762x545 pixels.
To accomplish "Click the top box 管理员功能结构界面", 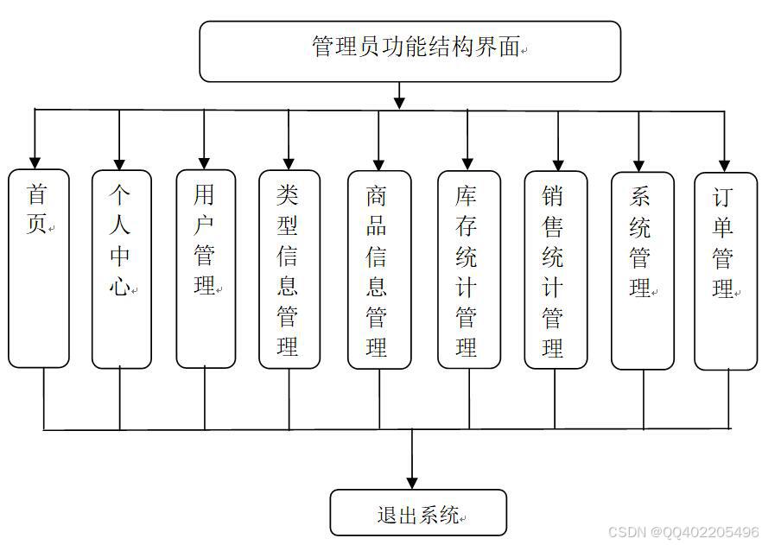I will click(410, 51).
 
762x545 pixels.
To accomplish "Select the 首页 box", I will click(39, 268).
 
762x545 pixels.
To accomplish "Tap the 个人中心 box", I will click(121, 269).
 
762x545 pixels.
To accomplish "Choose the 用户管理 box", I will click(206, 269).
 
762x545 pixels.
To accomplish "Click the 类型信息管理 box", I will click(289, 269).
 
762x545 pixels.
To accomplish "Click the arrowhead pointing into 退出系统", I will click(412, 482).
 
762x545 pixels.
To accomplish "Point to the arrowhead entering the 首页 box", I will click(35, 161).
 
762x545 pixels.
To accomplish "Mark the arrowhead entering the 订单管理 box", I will click(725, 163).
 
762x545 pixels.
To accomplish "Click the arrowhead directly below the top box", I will click(398, 102).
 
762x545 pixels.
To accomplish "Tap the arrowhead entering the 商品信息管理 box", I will click(378, 162).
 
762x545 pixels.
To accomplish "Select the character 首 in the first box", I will click(37, 194).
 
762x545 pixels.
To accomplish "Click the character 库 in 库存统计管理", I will click(467, 196).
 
